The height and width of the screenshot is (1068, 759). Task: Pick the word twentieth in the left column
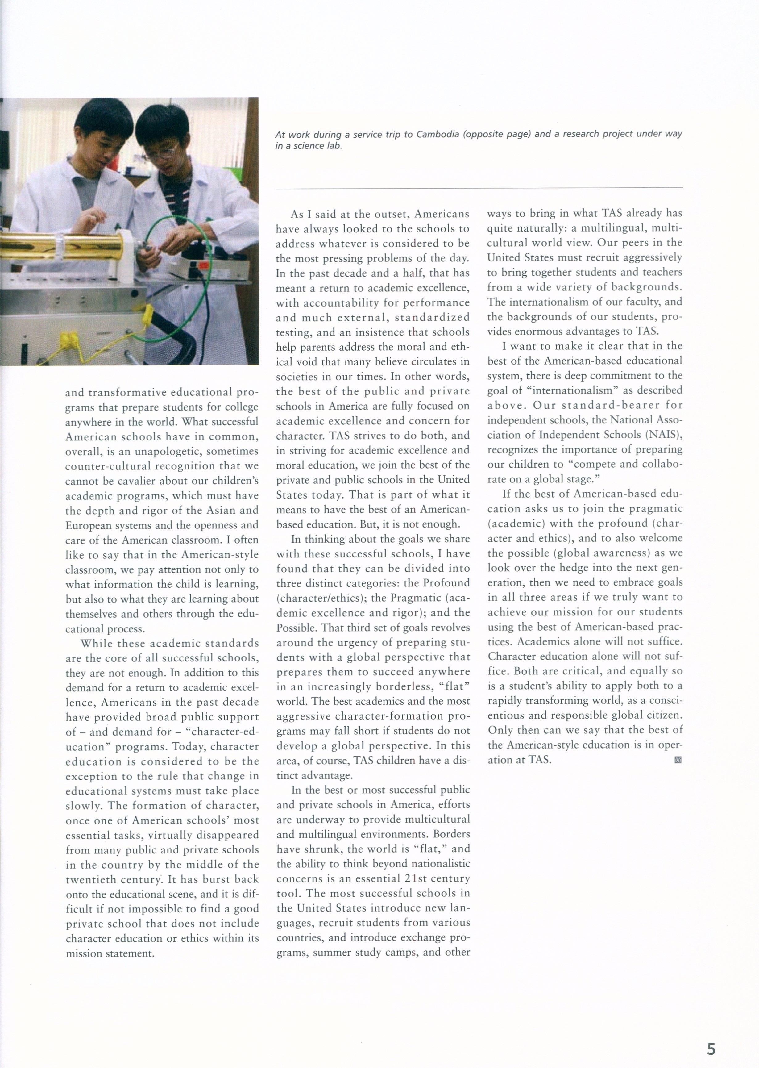click(x=90, y=880)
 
